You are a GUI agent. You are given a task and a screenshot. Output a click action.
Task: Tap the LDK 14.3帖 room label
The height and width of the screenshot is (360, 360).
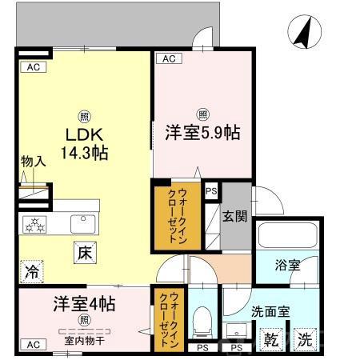82,142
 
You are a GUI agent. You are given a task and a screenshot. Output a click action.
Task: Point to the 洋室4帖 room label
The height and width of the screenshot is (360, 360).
83,304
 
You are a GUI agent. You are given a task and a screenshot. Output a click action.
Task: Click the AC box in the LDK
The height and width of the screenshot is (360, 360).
33,68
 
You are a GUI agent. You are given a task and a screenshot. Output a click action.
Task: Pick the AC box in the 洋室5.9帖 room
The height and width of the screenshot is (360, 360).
170,58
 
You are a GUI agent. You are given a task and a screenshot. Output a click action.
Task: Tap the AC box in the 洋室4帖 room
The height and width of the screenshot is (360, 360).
33,344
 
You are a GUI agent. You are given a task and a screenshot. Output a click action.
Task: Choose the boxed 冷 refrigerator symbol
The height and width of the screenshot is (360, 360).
32,270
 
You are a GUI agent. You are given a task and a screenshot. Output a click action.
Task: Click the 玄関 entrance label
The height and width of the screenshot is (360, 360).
234,215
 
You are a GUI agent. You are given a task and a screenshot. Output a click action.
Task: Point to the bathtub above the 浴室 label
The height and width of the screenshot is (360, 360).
286,238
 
